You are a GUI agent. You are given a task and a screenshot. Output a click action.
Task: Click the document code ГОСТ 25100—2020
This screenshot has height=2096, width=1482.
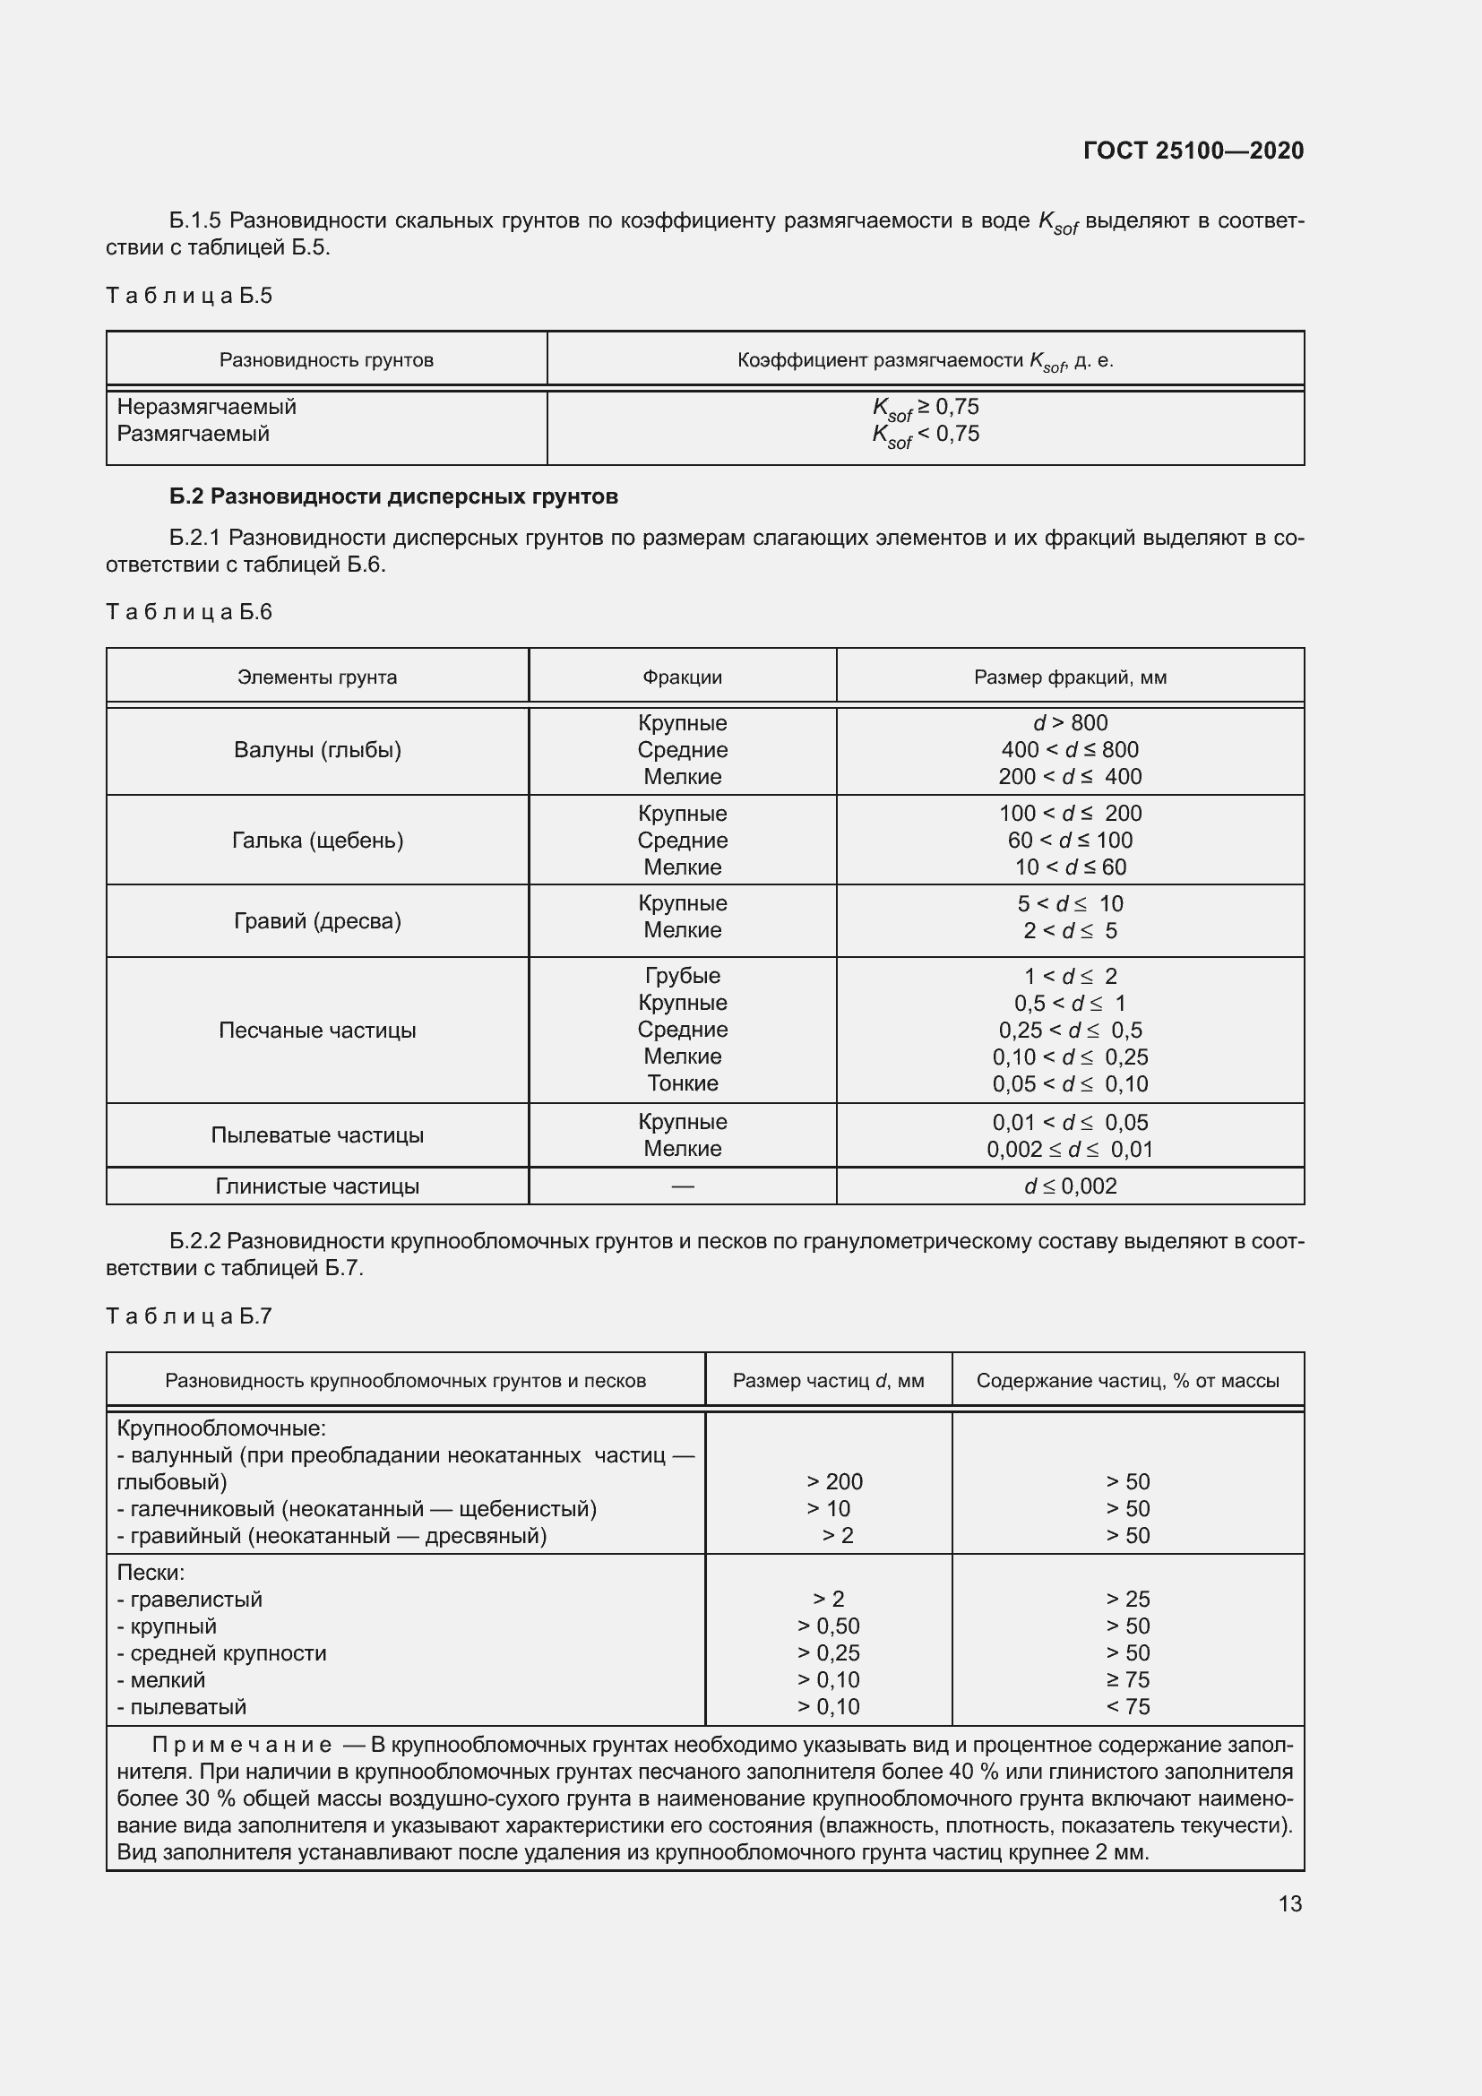(x=1193, y=151)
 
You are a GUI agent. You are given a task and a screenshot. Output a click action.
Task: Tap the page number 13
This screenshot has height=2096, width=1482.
(x=1289, y=1903)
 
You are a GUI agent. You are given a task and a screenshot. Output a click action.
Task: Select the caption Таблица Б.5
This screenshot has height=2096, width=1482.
(x=189, y=296)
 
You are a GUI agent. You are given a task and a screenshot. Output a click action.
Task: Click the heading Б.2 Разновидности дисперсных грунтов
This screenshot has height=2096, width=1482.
(x=393, y=496)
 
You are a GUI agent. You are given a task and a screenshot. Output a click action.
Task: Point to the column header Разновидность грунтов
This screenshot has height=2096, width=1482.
(x=326, y=360)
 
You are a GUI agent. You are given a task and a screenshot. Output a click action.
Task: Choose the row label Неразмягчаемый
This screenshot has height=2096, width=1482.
(x=206, y=407)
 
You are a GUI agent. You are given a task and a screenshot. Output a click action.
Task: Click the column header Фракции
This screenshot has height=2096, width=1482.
(x=682, y=677)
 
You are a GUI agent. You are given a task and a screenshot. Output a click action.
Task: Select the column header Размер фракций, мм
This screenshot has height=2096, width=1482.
(x=1070, y=677)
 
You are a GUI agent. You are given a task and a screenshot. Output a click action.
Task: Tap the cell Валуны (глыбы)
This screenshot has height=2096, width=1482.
(x=316, y=750)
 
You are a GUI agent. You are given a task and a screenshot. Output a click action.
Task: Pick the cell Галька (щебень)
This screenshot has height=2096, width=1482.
(x=316, y=841)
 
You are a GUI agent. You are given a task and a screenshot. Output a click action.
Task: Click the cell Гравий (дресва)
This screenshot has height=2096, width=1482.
(x=316, y=921)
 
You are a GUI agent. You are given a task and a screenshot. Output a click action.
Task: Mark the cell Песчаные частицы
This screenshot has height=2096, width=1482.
(x=316, y=1031)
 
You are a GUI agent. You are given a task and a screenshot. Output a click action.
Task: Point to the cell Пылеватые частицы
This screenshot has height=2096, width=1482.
(x=316, y=1135)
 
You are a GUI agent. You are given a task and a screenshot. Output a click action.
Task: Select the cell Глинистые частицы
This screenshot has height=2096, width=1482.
(x=316, y=1186)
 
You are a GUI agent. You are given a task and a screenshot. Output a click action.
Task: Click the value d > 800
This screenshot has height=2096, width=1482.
(x=1070, y=723)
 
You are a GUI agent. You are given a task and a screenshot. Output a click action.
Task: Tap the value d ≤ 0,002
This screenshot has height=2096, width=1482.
(x=1070, y=1186)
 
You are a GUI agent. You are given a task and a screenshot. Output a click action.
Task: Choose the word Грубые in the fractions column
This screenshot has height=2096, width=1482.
(x=682, y=976)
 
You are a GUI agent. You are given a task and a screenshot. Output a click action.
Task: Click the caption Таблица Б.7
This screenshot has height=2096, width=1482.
(x=189, y=1316)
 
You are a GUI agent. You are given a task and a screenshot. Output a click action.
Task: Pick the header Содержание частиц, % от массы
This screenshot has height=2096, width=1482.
(x=1127, y=1381)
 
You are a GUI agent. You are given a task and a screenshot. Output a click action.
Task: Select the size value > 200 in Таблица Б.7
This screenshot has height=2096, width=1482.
(x=834, y=1481)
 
